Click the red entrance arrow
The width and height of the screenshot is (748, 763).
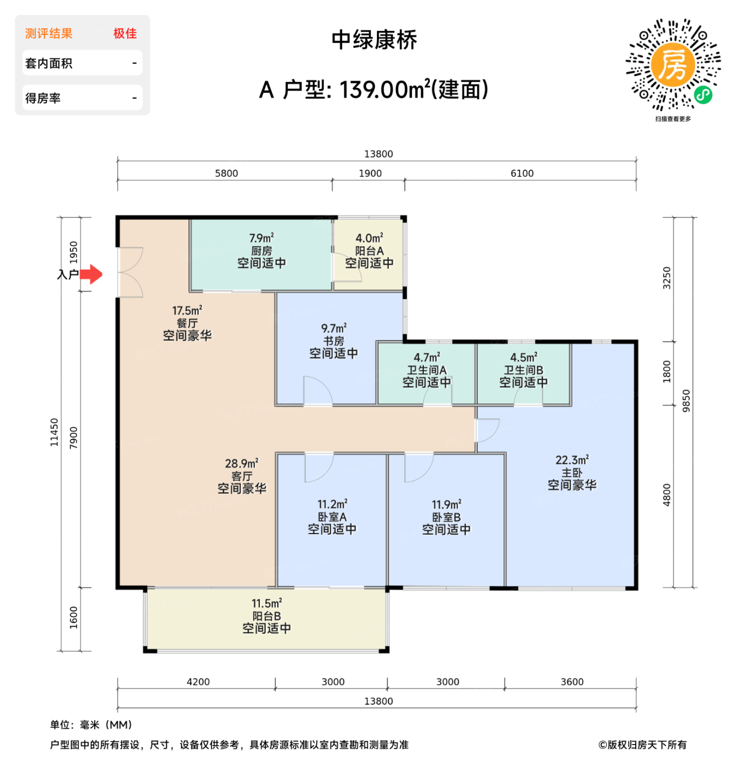[92, 274]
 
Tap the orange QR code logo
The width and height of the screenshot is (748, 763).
[673, 65]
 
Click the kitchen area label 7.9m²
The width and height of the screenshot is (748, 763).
[262, 239]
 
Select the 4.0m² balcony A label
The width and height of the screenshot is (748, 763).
[369, 239]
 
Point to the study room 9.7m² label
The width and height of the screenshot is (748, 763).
[333, 329]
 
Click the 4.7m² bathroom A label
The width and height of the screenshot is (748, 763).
[427, 358]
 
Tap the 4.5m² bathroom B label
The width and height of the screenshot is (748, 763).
[524, 358]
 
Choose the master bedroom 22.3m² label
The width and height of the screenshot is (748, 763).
[572, 461]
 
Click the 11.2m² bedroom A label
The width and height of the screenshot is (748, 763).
[332, 505]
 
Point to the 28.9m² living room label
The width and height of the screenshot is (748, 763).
[241, 464]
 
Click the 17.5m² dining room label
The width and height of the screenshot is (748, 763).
[187, 311]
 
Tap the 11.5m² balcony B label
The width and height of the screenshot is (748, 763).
[266, 604]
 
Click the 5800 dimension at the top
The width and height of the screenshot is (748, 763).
[227, 173]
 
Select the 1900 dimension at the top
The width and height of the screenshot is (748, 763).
[370, 173]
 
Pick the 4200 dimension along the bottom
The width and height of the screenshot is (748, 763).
[198, 682]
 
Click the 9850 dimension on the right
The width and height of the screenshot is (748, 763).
[686, 401]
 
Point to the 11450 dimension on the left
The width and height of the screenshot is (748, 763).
[54, 432]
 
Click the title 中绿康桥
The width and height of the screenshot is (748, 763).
[374, 40]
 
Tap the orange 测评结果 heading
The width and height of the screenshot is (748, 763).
[49, 34]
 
